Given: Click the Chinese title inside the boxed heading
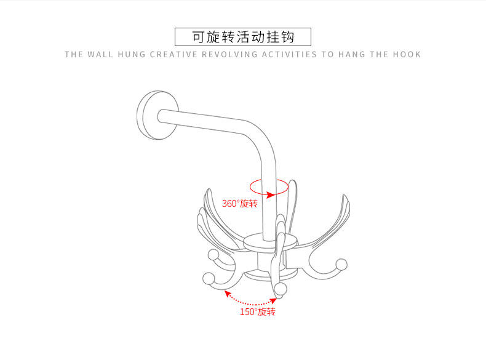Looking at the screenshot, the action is pyautogui.click(x=243, y=37).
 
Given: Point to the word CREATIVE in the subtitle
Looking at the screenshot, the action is pyautogui.click(x=173, y=54).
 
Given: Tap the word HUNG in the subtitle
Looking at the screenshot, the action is pyautogui.click(x=132, y=54).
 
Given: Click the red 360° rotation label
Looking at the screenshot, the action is pyautogui.click(x=239, y=204).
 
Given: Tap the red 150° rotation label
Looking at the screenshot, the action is pyautogui.click(x=257, y=311).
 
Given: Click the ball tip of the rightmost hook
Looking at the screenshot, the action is pyautogui.click(x=342, y=265).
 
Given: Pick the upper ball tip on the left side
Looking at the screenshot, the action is pyautogui.click(x=213, y=255).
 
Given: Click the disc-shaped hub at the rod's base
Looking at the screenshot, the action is pyautogui.click(x=261, y=242).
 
